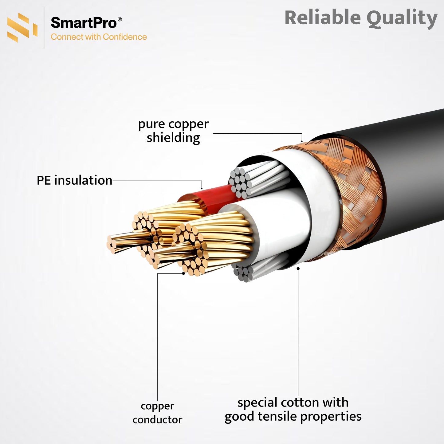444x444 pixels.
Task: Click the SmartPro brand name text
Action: [84, 23]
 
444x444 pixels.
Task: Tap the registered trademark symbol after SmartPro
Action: [120, 19]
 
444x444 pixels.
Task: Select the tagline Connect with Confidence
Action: [99, 37]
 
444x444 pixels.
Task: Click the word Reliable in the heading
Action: [322, 18]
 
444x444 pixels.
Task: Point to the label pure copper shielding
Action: [173, 131]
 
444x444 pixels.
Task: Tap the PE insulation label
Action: [74, 180]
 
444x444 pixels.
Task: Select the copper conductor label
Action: [157, 413]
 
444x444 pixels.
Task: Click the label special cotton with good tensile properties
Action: [293, 409]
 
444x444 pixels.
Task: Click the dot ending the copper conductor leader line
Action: [183, 273]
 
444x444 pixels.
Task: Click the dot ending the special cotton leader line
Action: [298, 269]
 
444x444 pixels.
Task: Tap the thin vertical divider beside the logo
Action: [44, 28]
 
